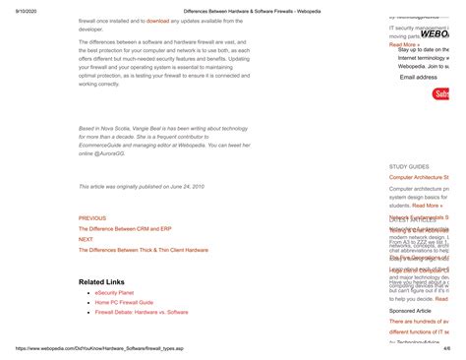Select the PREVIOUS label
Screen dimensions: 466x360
click(92, 217)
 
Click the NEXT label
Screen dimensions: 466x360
click(86, 239)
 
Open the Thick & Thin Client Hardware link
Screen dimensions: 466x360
click(144, 250)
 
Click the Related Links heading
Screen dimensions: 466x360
click(101, 282)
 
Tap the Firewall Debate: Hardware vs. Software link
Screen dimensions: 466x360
click(142, 312)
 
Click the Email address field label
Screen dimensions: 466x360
click(419, 76)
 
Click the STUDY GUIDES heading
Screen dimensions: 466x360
click(409, 167)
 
